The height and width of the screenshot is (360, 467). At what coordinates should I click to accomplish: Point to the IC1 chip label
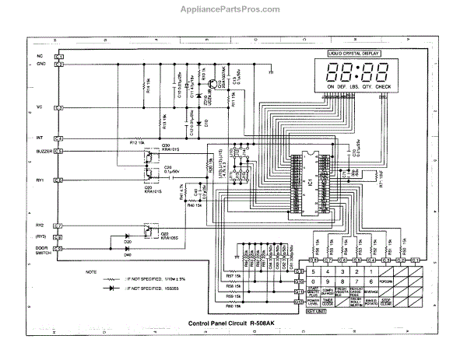coord(309,182)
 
